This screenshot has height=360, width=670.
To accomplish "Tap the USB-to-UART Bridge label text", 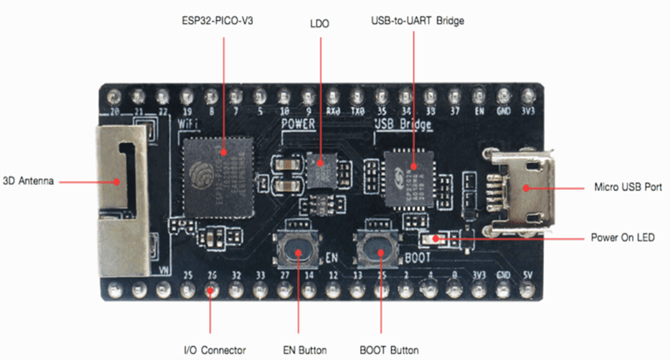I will [418, 21].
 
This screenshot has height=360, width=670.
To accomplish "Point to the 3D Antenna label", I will [28, 180].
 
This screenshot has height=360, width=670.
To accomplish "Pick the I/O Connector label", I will [210, 350].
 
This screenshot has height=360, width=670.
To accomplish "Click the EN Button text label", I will [300, 350].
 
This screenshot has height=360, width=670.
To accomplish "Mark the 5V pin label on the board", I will [527, 276].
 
